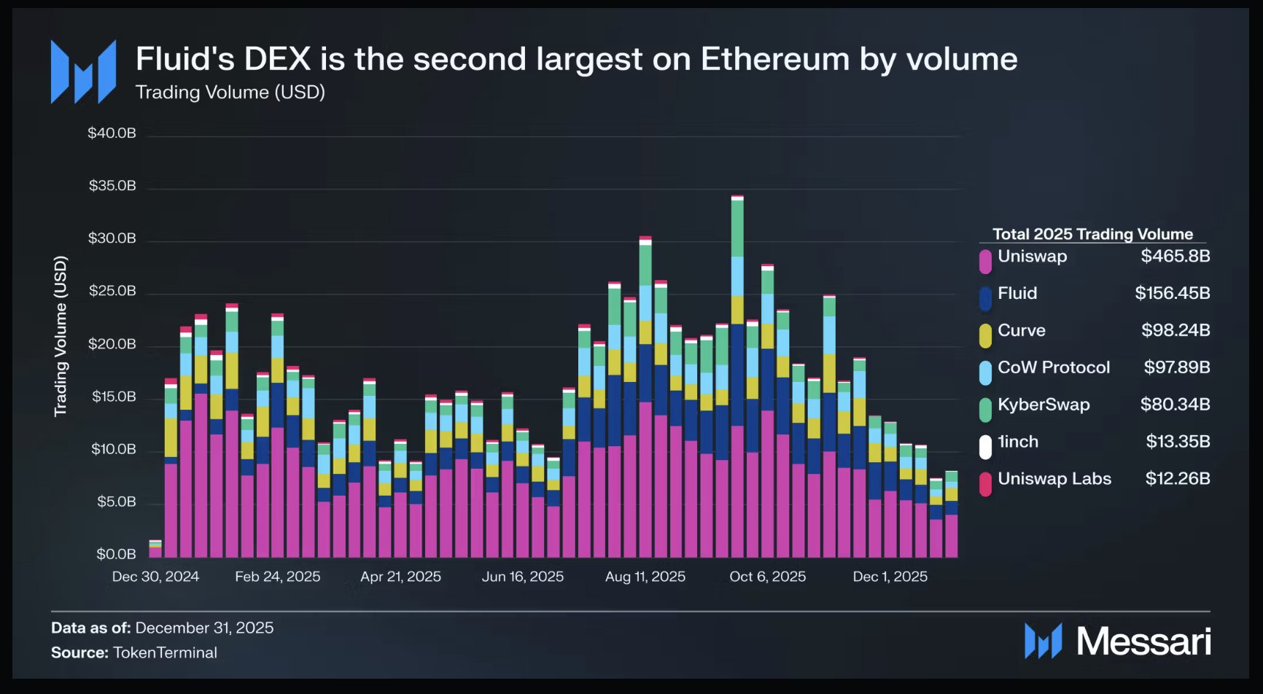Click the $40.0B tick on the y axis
(112, 133)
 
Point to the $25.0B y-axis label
(112, 292)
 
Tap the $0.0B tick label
(116, 554)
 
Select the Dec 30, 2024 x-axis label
(155, 577)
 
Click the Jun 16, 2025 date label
(522, 577)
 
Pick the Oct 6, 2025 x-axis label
(767, 577)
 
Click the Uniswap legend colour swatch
(985, 261)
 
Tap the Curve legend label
(1021, 330)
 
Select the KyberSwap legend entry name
(1044, 405)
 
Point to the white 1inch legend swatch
(985, 446)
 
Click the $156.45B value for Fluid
(1172, 293)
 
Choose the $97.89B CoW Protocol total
(1176, 367)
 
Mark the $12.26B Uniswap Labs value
(1177, 479)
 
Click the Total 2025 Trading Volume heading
(1092, 234)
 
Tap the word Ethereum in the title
(775, 59)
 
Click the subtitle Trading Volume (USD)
(230, 93)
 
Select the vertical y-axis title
(61, 336)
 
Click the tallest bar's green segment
(737, 228)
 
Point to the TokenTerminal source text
(165, 652)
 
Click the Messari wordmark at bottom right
(1143, 642)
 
